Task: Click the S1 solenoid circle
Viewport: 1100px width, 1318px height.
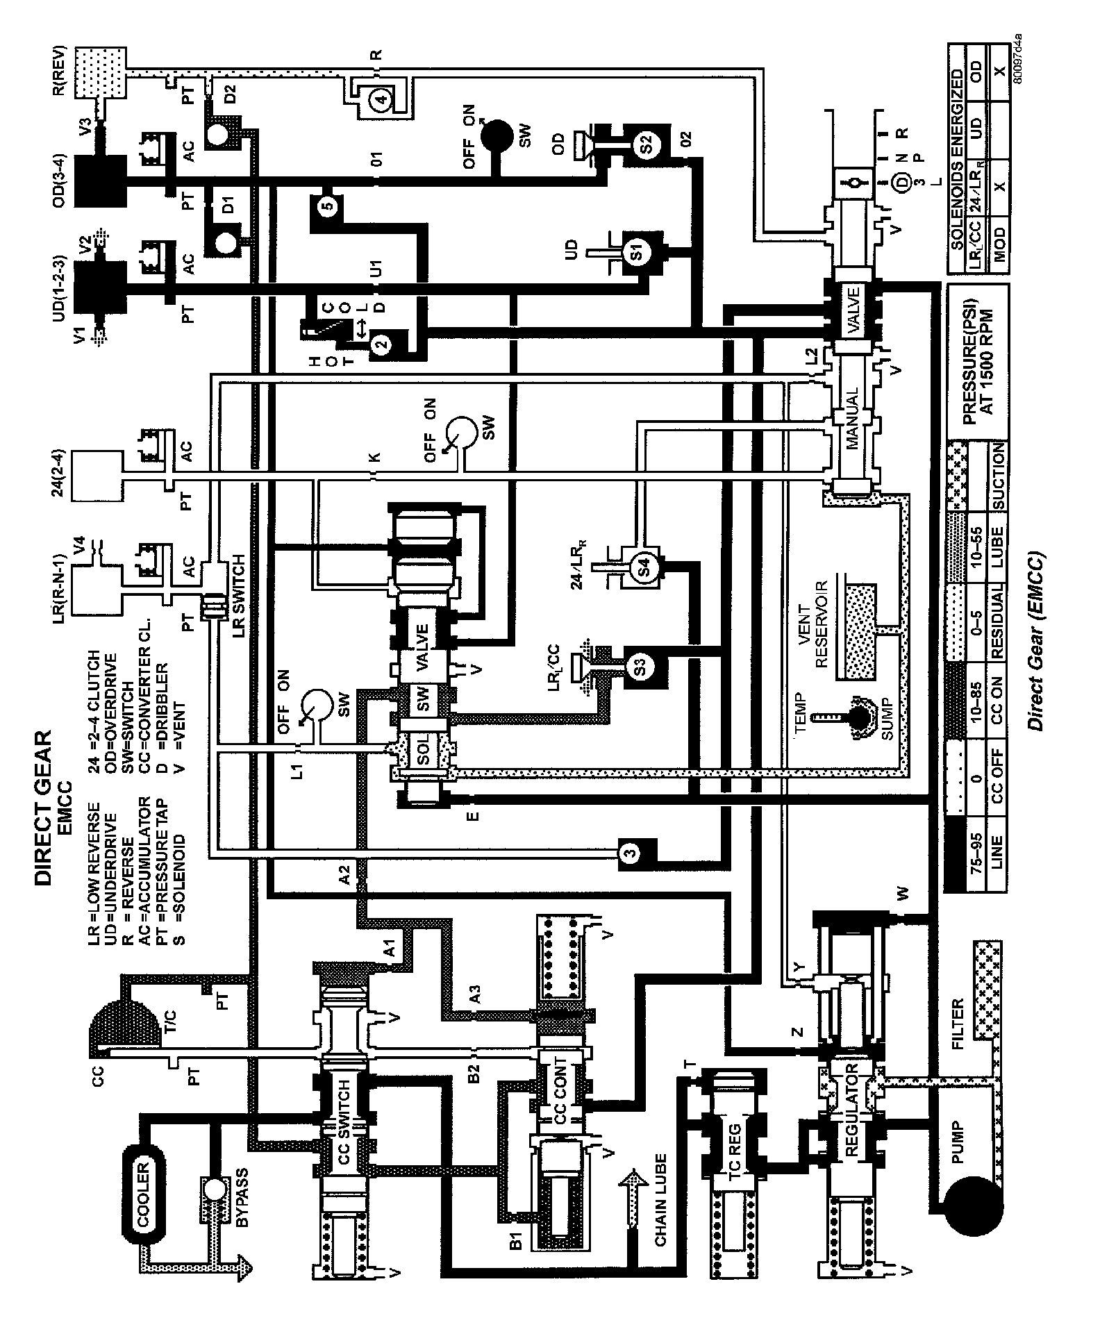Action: [x=636, y=254]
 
